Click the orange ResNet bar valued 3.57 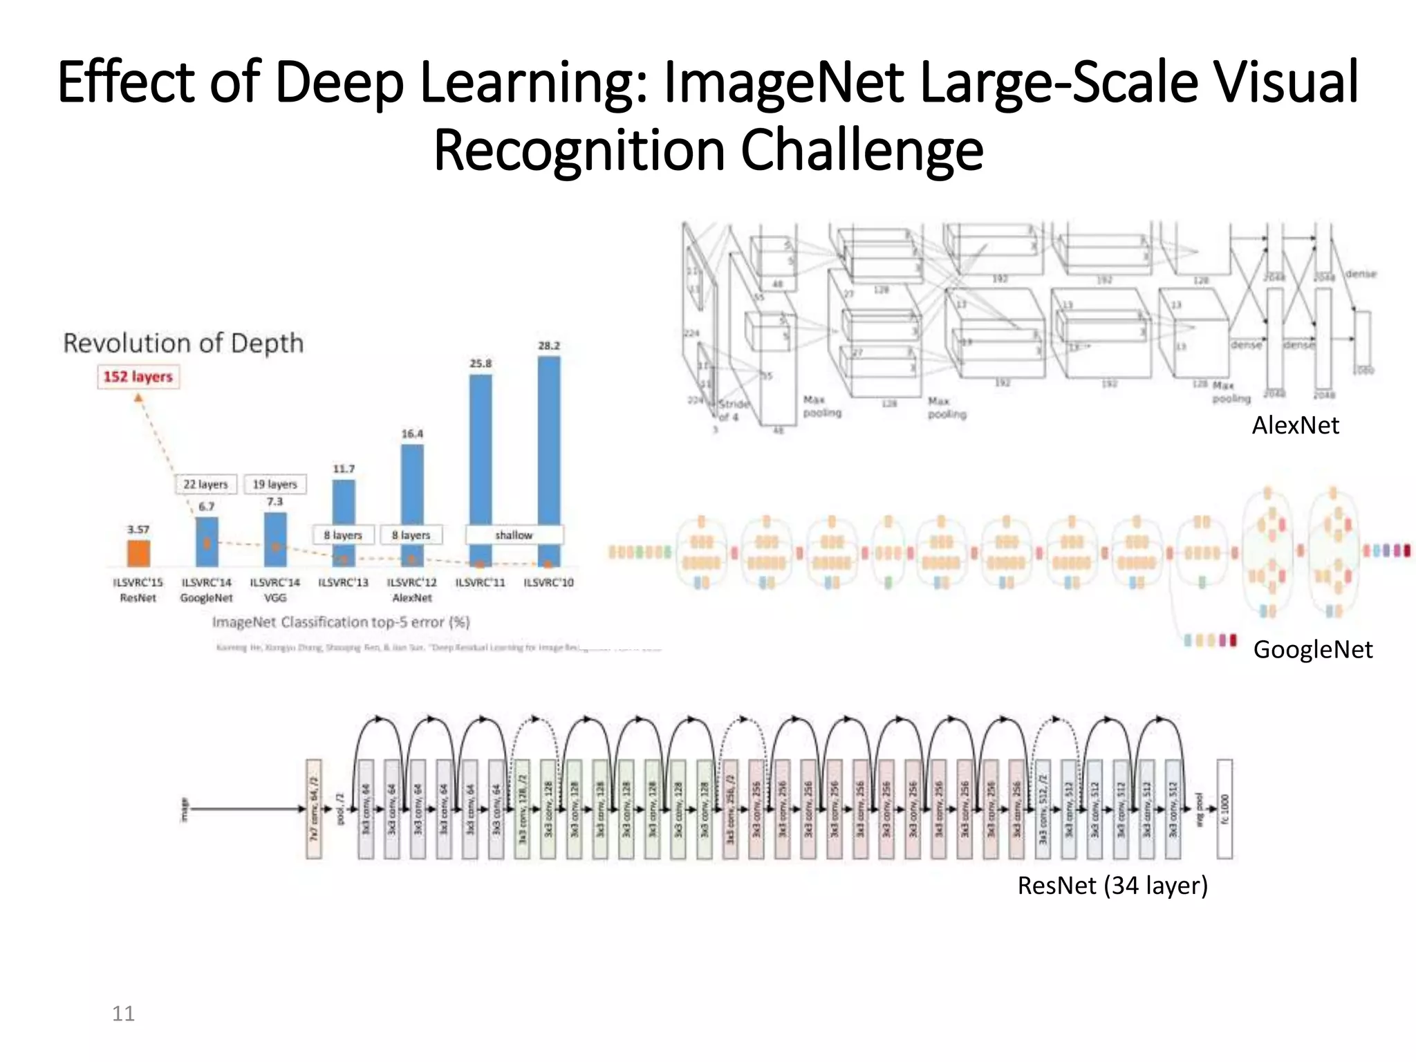coord(138,553)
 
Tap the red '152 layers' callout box coord(138,377)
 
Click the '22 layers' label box coord(205,484)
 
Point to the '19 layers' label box coord(274,484)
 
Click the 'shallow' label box coord(514,534)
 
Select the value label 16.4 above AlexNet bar coord(412,434)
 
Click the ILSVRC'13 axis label coord(343,582)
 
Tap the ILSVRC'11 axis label coord(480,582)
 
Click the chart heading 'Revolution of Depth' coord(183,343)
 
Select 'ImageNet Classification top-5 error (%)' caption coord(341,622)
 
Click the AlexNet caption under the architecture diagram coord(1295,425)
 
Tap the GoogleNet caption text coord(1312,649)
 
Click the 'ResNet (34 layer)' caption coord(1112,885)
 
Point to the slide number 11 coord(123,1013)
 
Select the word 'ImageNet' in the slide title coord(783,82)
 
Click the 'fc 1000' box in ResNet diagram coord(1224,809)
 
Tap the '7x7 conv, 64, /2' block coord(314,809)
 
